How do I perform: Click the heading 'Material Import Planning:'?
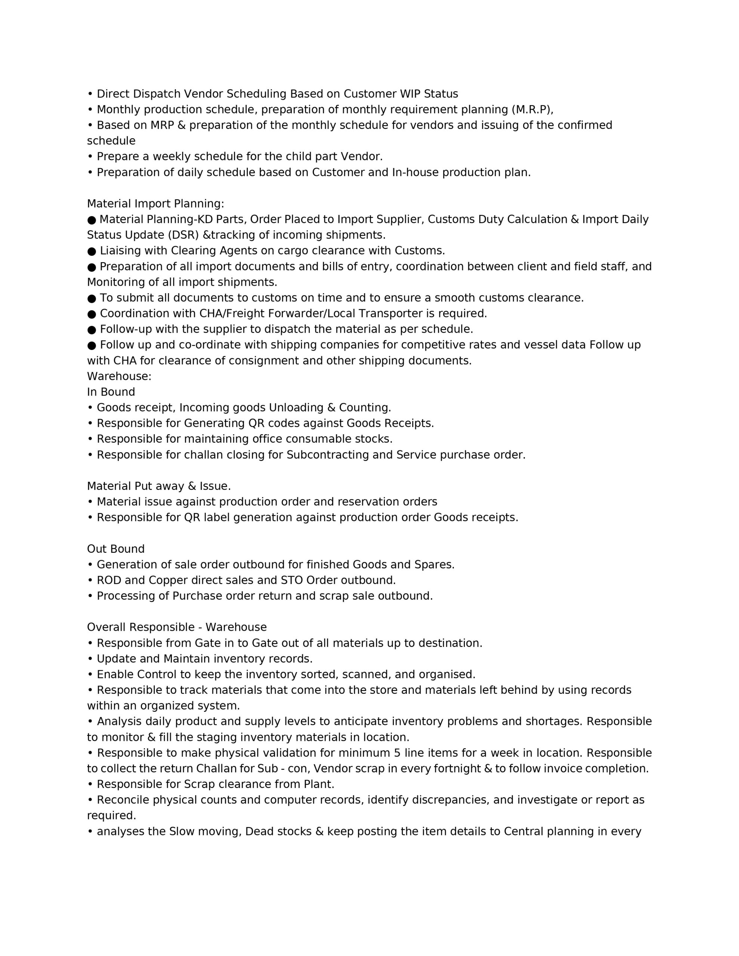pos(155,204)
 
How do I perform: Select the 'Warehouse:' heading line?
pos(119,376)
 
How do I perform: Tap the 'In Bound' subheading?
pos(111,392)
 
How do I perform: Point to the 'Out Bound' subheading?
pos(116,549)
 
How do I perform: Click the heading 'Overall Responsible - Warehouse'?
pos(177,627)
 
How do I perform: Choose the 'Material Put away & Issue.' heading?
pos(158,486)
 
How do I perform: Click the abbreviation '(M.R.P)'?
pos(532,109)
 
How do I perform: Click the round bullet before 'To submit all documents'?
pos(92,298)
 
